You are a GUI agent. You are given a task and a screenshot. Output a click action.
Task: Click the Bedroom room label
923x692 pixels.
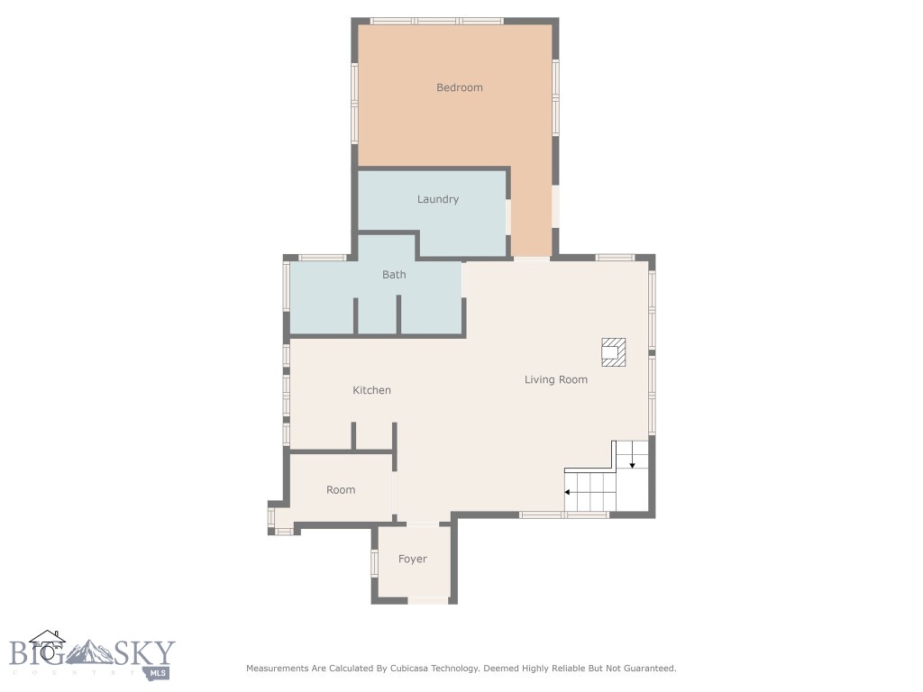tap(459, 87)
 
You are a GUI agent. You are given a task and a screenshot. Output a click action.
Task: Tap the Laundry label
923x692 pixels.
tap(437, 199)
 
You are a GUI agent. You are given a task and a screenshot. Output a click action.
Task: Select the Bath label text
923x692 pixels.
tap(394, 275)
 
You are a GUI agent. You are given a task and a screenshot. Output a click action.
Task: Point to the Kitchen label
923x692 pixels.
tap(371, 390)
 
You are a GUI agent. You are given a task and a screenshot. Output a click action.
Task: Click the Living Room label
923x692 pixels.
tap(555, 379)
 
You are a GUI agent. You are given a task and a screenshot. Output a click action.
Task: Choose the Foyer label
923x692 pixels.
tap(412, 559)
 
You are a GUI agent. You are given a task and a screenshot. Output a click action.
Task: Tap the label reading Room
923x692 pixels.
tap(341, 490)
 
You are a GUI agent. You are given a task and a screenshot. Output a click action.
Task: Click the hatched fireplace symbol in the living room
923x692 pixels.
tap(614, 352)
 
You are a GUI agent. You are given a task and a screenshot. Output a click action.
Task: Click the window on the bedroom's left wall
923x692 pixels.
tap(354, 90)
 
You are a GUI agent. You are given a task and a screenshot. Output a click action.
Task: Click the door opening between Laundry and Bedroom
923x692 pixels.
tap(508, 217)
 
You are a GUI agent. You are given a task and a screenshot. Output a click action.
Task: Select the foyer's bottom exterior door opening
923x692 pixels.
tap(428, 599)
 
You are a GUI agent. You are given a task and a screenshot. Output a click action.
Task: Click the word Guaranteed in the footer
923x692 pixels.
tap(646, 669)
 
